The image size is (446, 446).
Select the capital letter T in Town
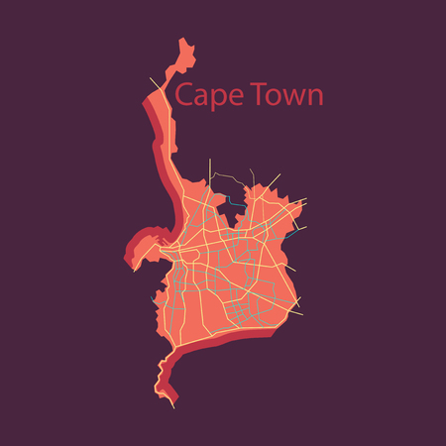coord(253,94)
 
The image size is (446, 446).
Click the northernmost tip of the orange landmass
coord(180,39)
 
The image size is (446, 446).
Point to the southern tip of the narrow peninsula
coord(176,404)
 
